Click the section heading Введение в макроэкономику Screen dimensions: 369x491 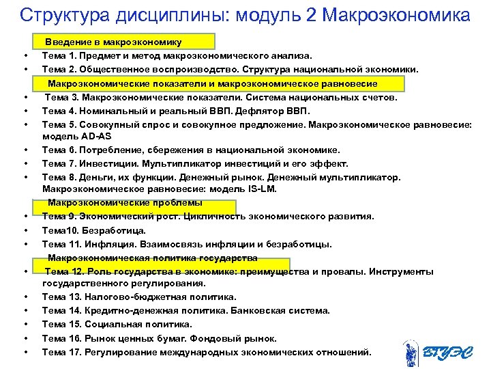[x=113, y=42]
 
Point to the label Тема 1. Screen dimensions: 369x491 [x=60, y=55]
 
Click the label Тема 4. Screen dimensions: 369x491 [x=60, y=111]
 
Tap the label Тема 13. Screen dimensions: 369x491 [x=63, y=297]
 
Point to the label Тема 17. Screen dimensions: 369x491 [x=63, y=353]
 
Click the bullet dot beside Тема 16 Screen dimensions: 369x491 [x=25, y=339]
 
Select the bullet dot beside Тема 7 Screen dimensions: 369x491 [x=25, y=164]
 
